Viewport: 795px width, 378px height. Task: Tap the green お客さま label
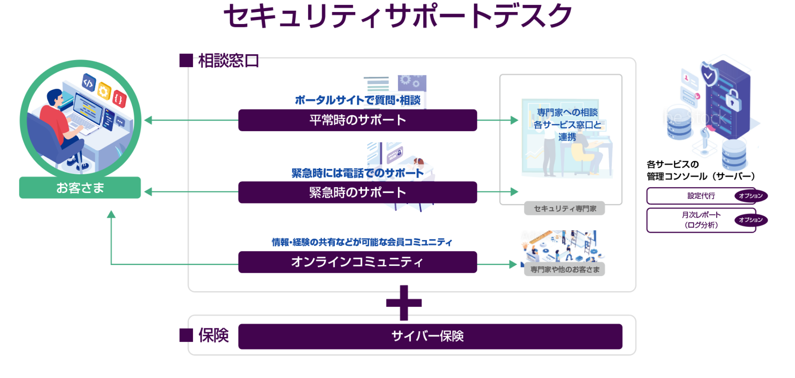80,188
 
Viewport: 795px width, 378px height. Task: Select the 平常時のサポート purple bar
357,120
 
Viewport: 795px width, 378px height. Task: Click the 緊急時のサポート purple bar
357,192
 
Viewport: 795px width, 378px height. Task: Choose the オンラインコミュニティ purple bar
357,262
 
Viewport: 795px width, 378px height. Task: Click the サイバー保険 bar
430,336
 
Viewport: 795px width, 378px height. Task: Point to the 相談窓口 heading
228,61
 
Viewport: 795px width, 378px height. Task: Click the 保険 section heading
213,335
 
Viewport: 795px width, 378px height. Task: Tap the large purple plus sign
404,303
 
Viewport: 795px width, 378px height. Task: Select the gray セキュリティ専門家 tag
564,209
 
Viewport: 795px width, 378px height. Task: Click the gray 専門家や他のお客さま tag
564,270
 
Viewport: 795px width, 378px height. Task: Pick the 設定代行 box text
701,196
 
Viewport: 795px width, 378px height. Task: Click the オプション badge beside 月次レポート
751,220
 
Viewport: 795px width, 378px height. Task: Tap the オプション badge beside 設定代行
751,196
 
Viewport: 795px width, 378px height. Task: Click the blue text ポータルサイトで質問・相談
357,100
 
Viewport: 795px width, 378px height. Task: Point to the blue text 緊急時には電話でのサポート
357,173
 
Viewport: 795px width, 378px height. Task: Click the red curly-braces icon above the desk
119,99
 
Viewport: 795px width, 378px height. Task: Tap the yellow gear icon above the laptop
104,91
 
